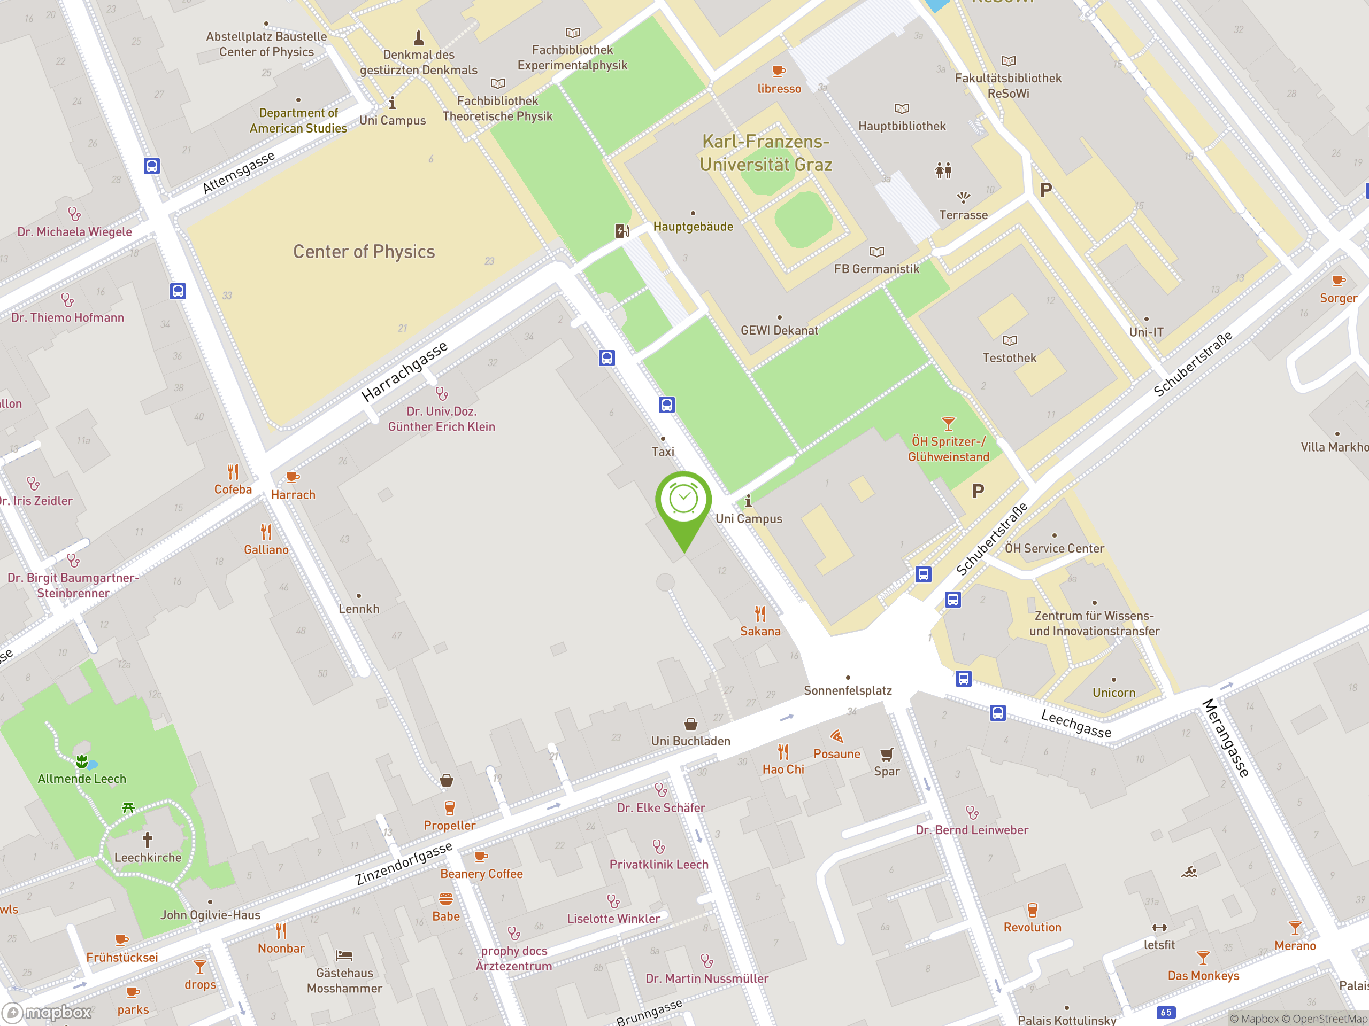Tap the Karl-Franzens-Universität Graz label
click(x=766, y=153)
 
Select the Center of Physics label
click(x=364, y=252)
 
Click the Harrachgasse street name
click(x=404, y=372)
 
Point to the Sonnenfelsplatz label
click(x=847, y=690)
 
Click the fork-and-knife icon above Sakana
click(x=760, y=613)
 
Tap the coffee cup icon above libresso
click(x=779, y=71)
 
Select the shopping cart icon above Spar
click(x=887, y=754)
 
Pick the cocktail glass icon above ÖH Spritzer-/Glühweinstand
click(x=948, y=424)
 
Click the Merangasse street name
click(x=1226, y=738)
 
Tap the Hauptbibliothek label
click(x=902, y=126)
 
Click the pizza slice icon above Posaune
click(x=837, y=736)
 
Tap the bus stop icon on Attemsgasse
click(x=152, y=166)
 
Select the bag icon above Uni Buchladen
click(x=691, y=724)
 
